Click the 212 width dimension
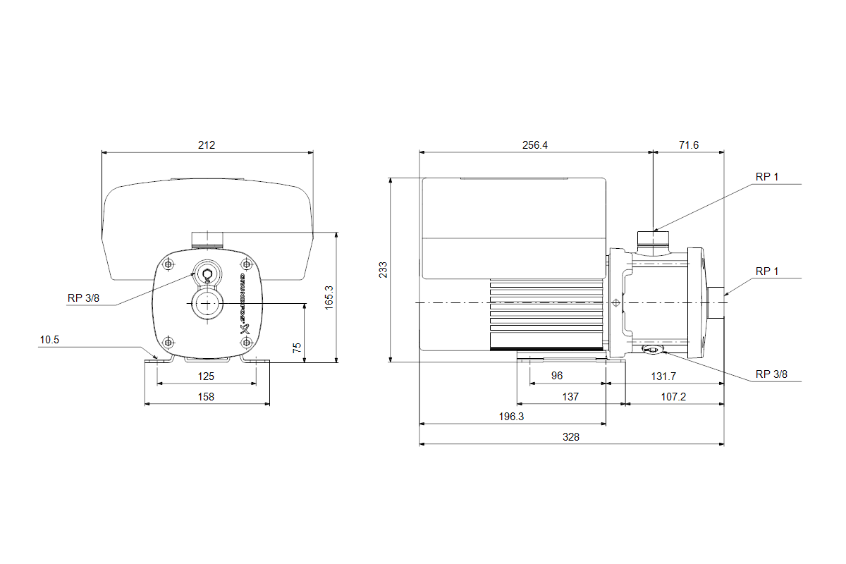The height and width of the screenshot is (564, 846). [207, 145]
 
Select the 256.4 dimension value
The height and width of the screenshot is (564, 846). [535, 145]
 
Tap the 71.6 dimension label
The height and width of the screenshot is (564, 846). [688, 145]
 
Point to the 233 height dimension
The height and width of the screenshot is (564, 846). [383, 270]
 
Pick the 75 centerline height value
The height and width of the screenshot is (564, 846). [298, 348]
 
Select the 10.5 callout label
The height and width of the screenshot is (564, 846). [49, 340]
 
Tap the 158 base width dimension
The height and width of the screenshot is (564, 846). [207, 397]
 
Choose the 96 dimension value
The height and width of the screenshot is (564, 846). [556, 376]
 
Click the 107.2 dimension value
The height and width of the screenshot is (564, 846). [673, 397]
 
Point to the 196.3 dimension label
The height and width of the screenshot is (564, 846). [512, 417]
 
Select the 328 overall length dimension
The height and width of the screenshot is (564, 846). [571, 437]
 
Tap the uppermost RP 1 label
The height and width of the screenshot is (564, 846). [767, 177]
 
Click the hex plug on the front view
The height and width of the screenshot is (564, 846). [207, 275]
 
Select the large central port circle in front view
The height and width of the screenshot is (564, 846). [207, 304]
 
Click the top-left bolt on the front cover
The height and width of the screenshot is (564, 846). [168, 264]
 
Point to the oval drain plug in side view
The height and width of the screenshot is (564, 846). [651, 350]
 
